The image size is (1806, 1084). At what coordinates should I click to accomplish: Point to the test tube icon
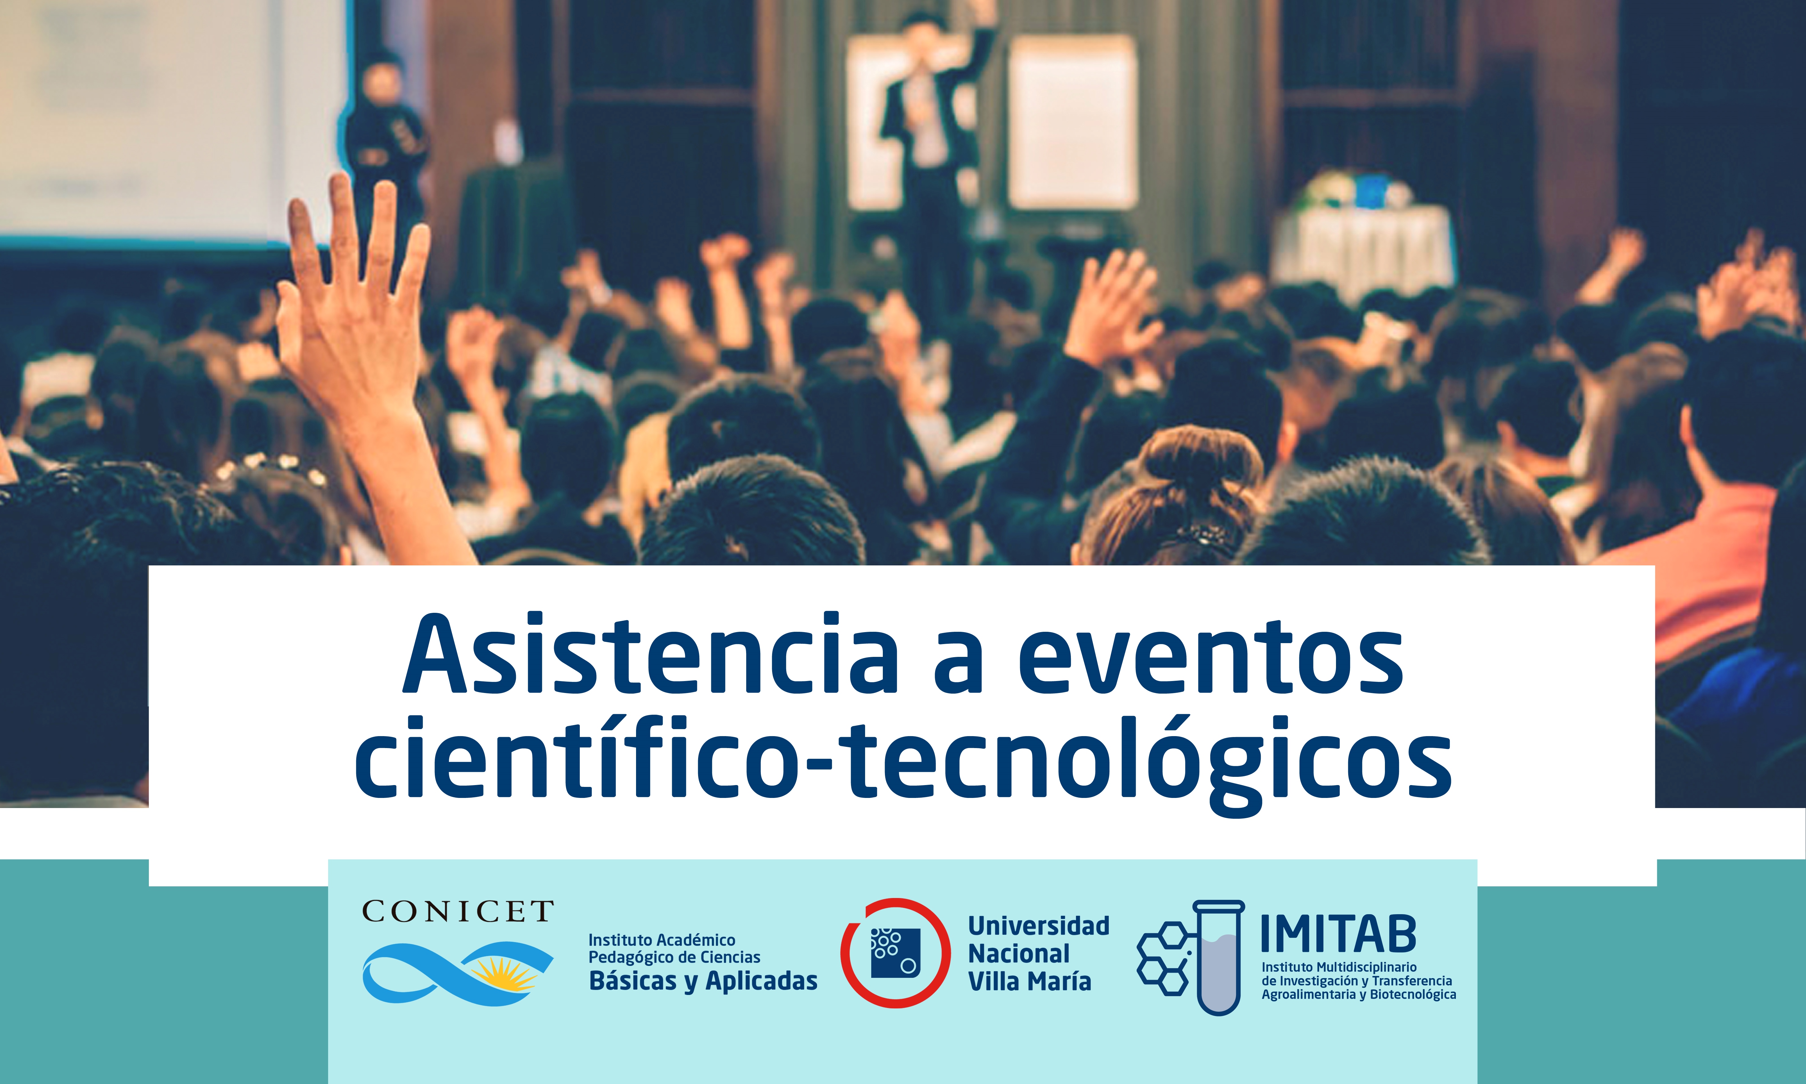pos(1219,957)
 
